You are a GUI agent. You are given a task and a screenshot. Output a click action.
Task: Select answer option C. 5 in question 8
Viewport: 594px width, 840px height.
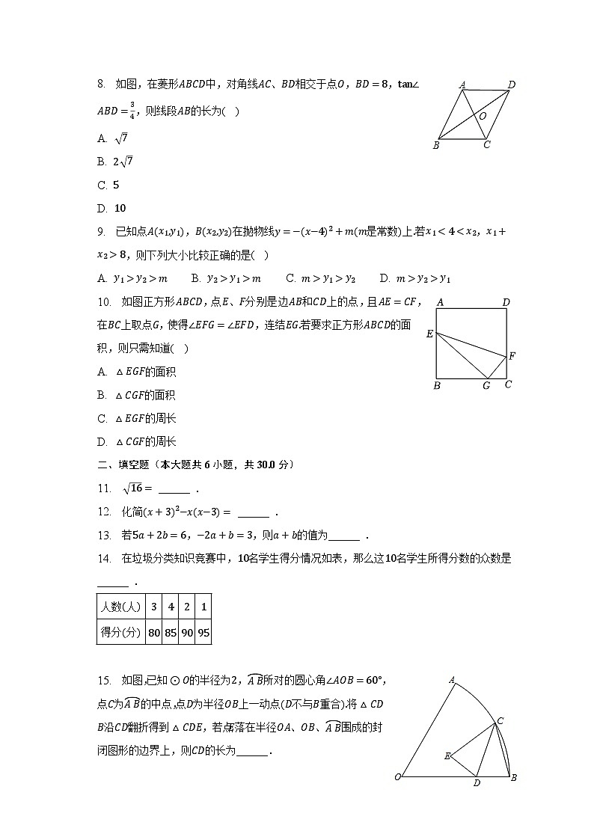[x=108, y=185]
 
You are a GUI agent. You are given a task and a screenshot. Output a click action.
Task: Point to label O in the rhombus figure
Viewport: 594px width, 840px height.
[x=483, y=116]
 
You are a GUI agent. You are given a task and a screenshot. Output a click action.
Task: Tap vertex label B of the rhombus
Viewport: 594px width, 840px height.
[x=435, y=145]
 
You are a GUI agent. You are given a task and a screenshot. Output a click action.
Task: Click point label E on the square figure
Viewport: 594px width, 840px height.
[x=429, y=334]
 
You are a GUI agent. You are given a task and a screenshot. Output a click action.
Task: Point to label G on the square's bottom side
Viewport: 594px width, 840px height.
[x=486, y=386]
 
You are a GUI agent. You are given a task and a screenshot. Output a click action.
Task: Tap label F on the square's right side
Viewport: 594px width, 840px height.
[x=512, y=356]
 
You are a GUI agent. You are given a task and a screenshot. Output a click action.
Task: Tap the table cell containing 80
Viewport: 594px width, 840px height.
[x=154, y=632]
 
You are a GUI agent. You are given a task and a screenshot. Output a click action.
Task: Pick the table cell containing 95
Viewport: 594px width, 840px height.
[x=203, y=632]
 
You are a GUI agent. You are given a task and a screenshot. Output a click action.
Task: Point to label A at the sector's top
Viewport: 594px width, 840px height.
[x=453, y=680]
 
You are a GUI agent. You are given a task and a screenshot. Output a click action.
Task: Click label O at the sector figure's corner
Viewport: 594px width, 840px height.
[x=398, y=777]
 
